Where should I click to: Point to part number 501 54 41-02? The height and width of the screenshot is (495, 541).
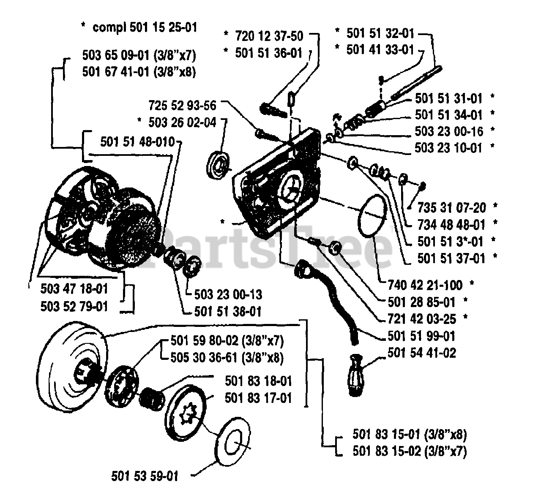[421, 353]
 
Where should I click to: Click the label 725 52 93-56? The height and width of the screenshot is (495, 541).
[182, 105]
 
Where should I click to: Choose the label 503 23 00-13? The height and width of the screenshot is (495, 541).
[228, 294]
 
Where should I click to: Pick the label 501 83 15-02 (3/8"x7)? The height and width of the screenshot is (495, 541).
[410, 451]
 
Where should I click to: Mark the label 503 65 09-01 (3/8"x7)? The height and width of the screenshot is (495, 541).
[139, 55]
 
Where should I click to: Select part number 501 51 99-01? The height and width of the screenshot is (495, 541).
[421, 336]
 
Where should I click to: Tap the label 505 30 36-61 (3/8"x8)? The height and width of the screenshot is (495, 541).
[227, 358]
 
